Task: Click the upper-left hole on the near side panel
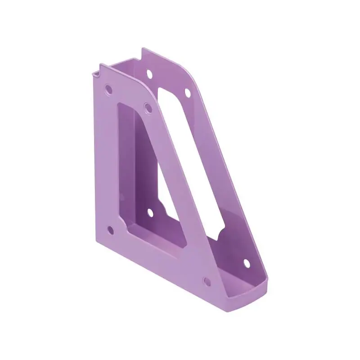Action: click(x=108, y=88)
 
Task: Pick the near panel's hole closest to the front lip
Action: click(x=207, y=282)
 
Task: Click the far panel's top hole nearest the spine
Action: click(x=148, y=71)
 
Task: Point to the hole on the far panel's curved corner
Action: click(x=187, y=92)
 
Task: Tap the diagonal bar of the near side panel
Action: click(x=180, y=180)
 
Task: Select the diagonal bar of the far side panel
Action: click(x=225, y=180)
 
